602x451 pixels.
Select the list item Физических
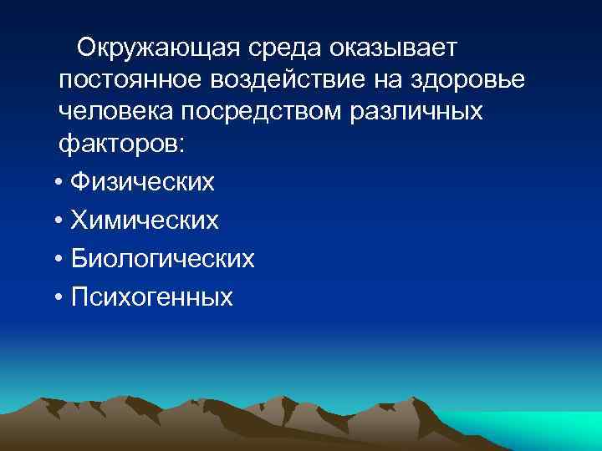(142, 182)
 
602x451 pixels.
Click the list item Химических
(144, 220)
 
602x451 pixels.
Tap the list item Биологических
(162, 259)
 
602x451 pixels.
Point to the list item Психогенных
(151, 297)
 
